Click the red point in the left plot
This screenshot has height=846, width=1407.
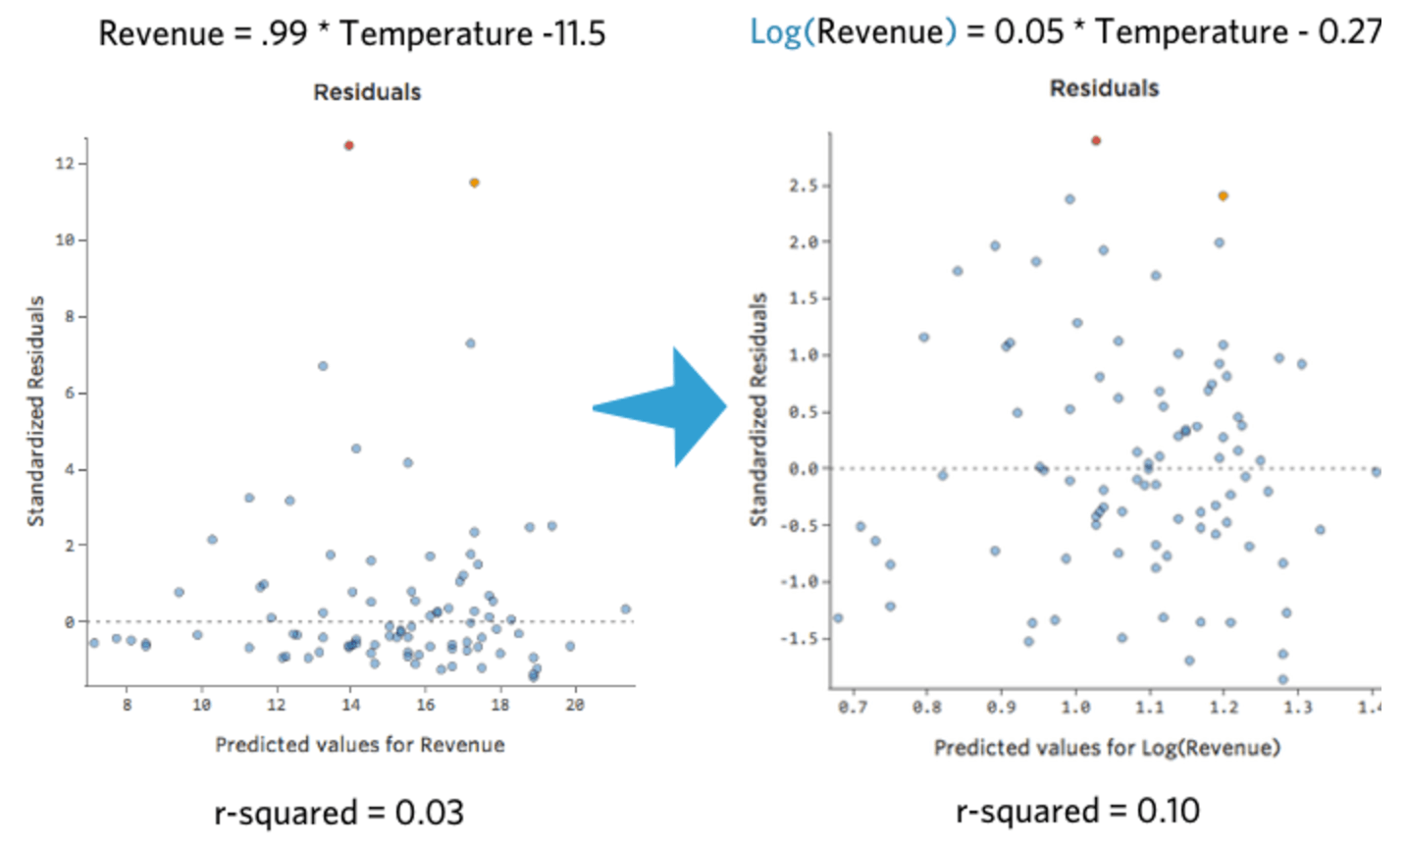coord(348,145)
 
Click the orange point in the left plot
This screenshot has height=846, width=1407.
coord(474,183)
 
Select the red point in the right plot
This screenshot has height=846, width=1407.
coord(1096,140)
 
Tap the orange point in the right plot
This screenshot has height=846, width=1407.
coord(1223,196)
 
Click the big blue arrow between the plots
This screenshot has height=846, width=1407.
coord(667,407)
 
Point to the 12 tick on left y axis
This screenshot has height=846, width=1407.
coord(65,164)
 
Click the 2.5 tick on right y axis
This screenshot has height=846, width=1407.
coord(804,185)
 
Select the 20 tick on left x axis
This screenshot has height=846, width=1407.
coord(575,705)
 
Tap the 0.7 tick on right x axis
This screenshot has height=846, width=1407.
coord(852,707)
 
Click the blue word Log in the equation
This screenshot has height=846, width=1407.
coord(775,31)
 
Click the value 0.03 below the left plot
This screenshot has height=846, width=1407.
coord(429,813)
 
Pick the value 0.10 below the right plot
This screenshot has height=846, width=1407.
coord(1168,811)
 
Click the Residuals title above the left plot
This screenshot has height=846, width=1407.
coord(367,92)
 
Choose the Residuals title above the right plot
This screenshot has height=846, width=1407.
coord(1104,88)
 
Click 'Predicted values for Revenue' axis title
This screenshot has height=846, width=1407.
coord(360,745)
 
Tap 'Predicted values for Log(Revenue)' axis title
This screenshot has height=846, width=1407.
coord(1107,748)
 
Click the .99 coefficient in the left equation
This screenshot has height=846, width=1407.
coord(285,33)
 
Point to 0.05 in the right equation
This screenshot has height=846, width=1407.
coord(1028,31)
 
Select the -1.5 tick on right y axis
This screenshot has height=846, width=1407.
coord(804,639)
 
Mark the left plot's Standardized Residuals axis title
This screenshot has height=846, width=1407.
coord(36,411)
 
